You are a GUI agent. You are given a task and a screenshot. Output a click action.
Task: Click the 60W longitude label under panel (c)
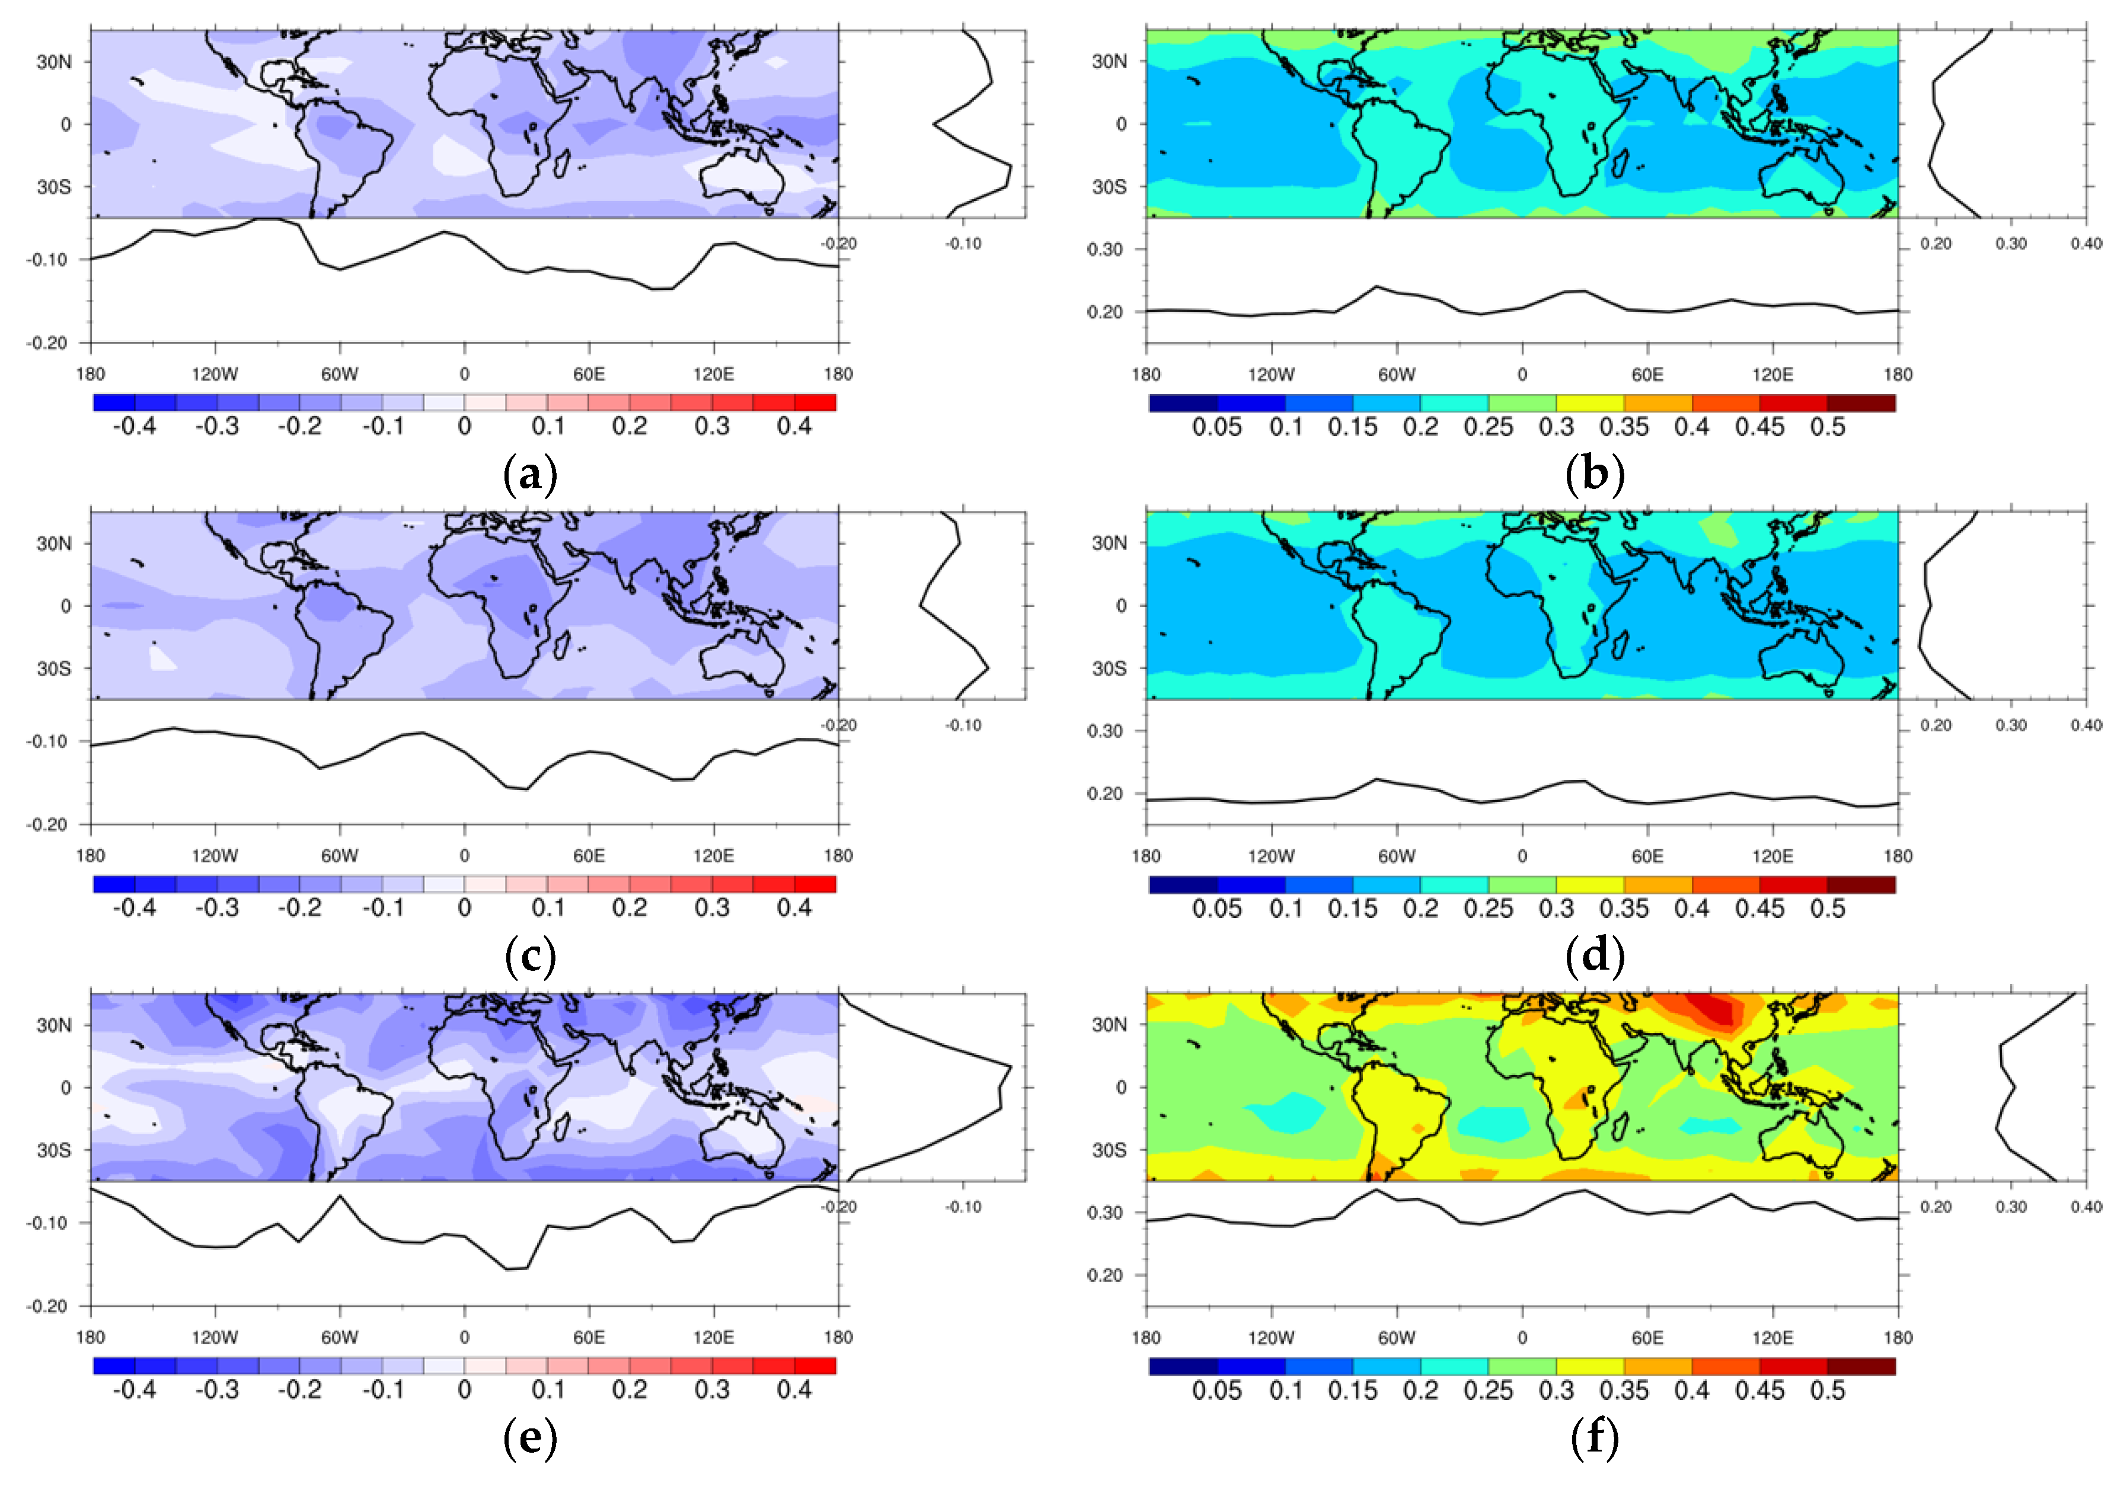coord(339,856)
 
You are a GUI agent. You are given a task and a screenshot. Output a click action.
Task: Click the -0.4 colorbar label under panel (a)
coord(135,427)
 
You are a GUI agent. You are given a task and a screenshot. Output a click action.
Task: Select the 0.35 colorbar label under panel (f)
coord(1624,1391)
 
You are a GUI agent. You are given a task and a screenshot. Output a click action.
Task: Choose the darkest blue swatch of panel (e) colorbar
coord(114,1366)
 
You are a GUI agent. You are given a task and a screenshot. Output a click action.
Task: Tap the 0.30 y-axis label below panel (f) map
coord(1104,1213)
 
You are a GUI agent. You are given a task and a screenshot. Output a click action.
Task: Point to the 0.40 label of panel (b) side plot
coord(2086,244)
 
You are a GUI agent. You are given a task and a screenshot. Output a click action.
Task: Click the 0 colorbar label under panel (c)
coord(464,909)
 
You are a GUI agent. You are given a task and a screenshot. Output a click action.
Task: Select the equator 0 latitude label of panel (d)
coord(1121,606)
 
